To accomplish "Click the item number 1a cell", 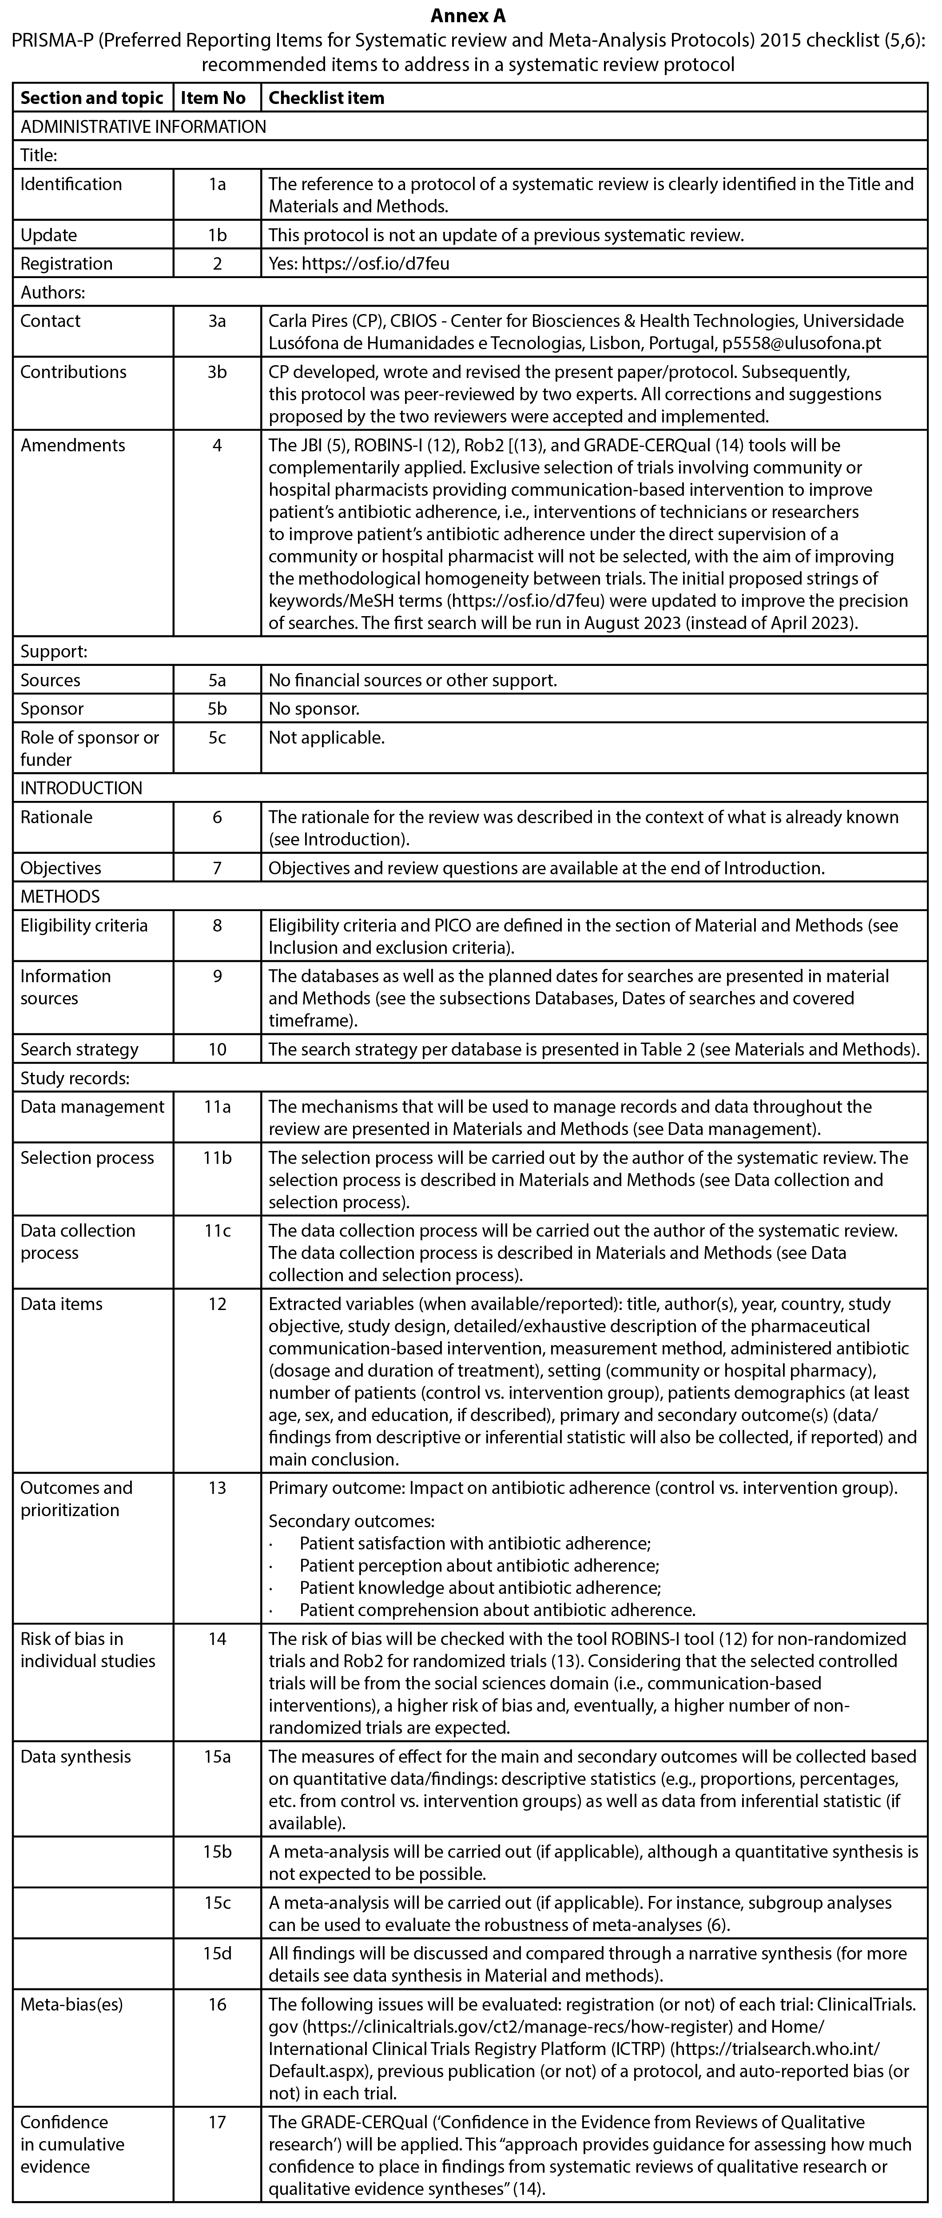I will point(217,184).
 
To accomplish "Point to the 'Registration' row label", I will point(66,263).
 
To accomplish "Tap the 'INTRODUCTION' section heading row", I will point(82,788).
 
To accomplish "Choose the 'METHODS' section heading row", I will point(60,896).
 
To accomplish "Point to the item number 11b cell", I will point(217,1158).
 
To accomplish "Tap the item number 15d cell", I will point(217,1954).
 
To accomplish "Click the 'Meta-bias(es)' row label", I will point(72,2004).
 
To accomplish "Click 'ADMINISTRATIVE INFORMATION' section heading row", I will point(143,127).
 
